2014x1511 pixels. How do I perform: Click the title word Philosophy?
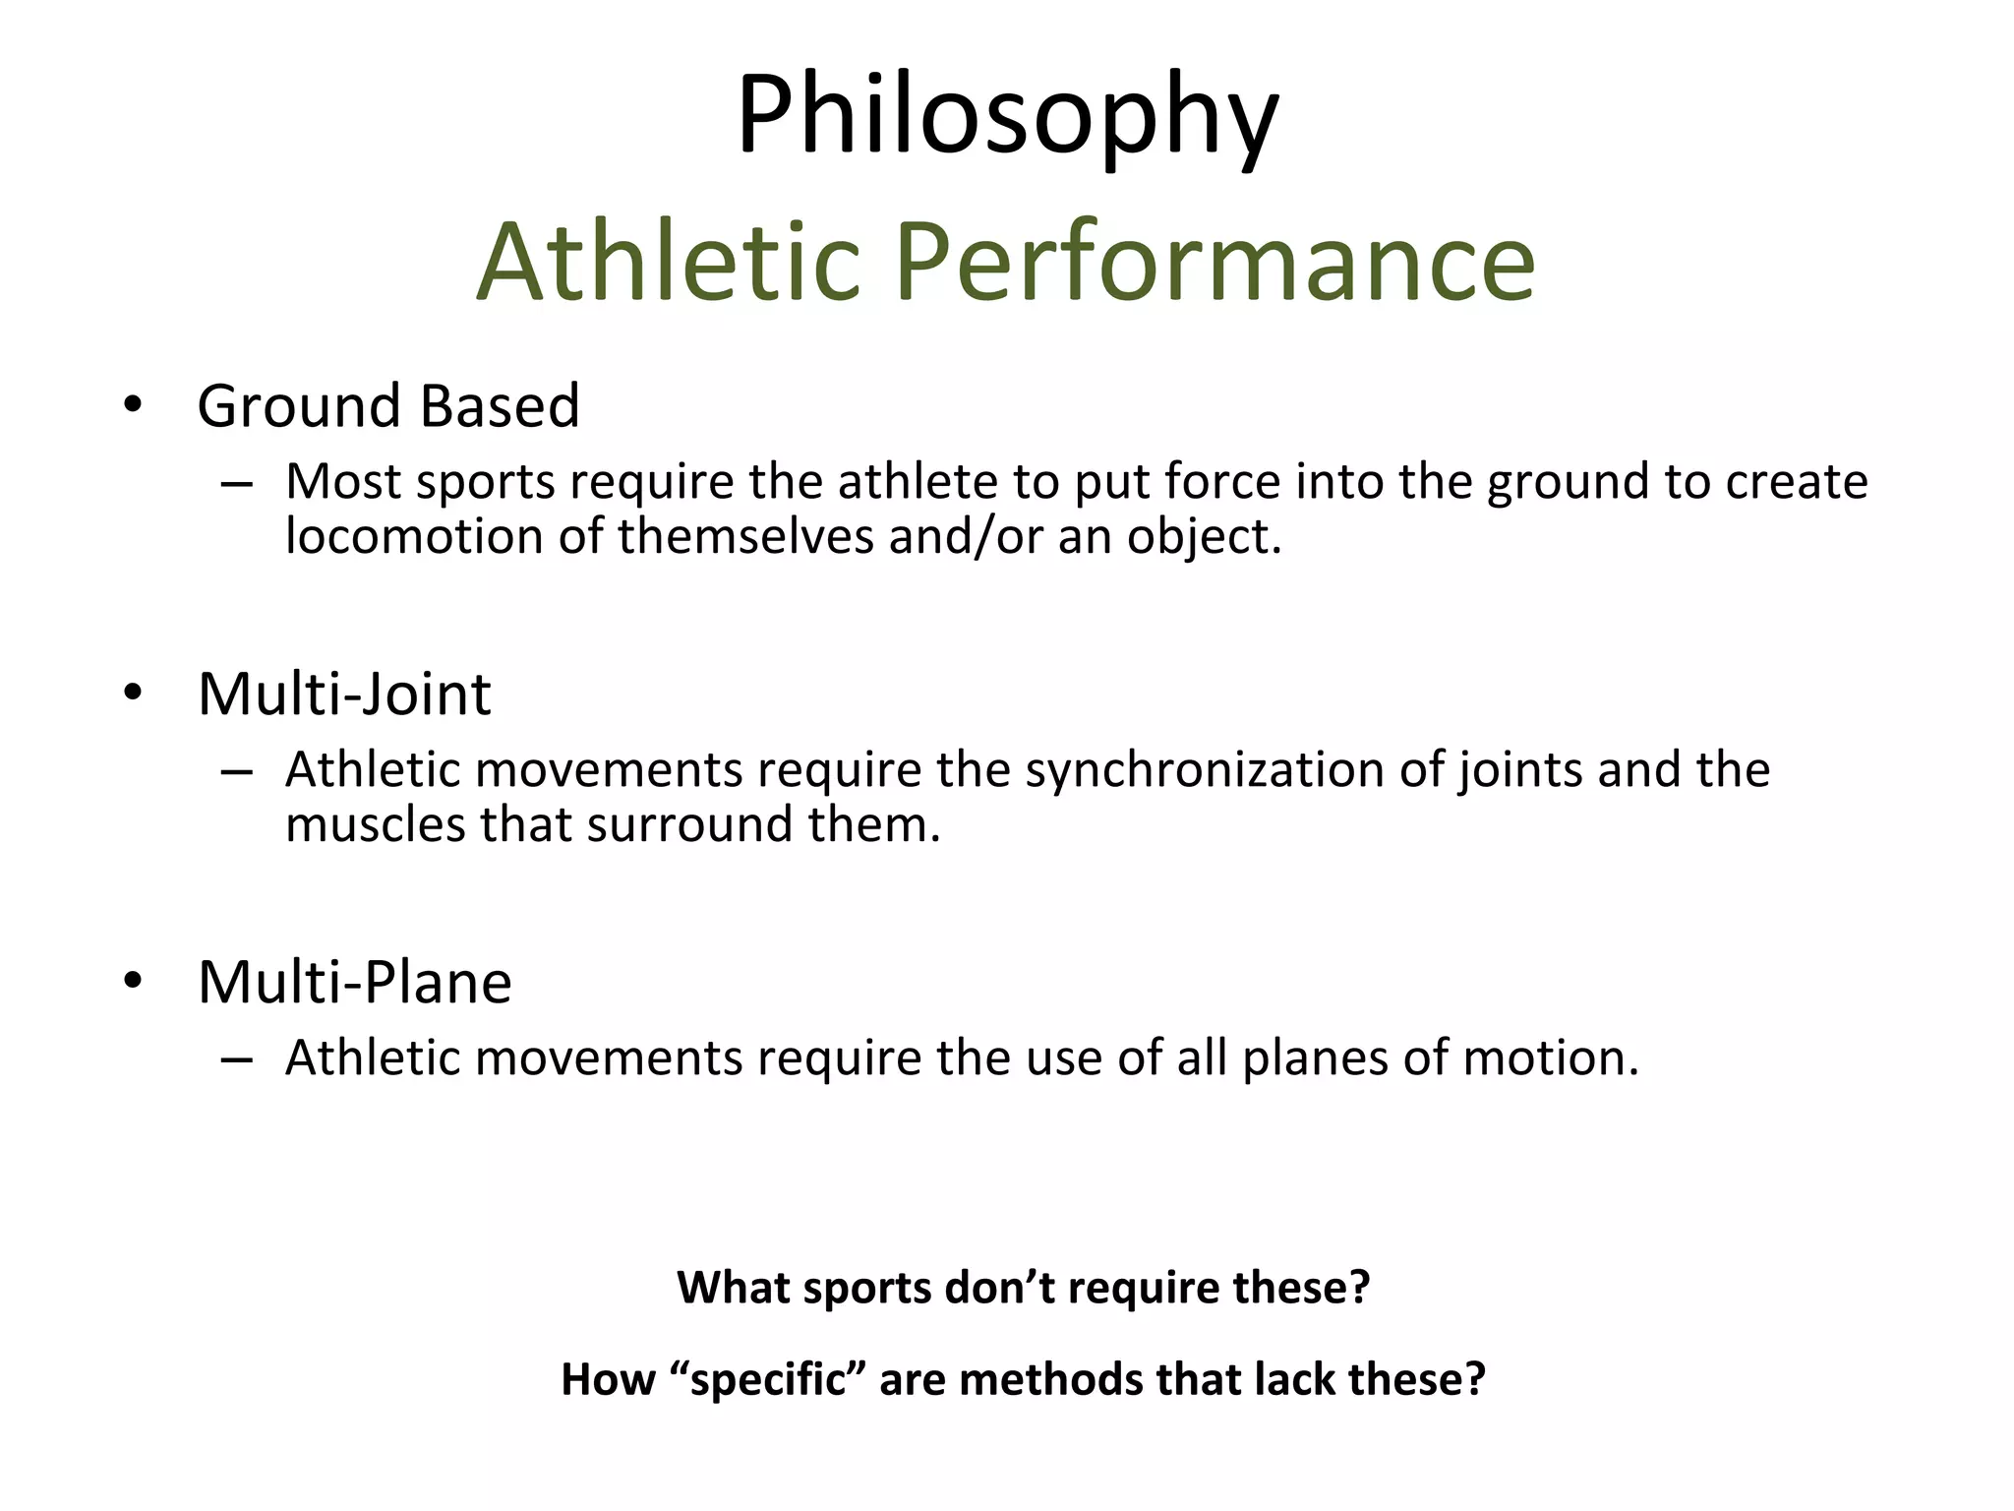point(1007,116)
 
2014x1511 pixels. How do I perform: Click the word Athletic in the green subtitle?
point(669,262)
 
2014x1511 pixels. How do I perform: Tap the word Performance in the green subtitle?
point(1214,262)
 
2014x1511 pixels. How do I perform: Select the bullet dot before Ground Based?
point(134,404)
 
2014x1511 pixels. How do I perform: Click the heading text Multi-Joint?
point(344,695)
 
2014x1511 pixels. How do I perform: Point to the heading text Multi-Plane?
point(354,983)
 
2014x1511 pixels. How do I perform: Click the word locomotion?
point(414,537)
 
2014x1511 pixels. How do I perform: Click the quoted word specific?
point(769,1379)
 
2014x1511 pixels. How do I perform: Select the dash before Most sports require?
point(237,484)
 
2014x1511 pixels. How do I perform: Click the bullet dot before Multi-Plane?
point(134,981)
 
